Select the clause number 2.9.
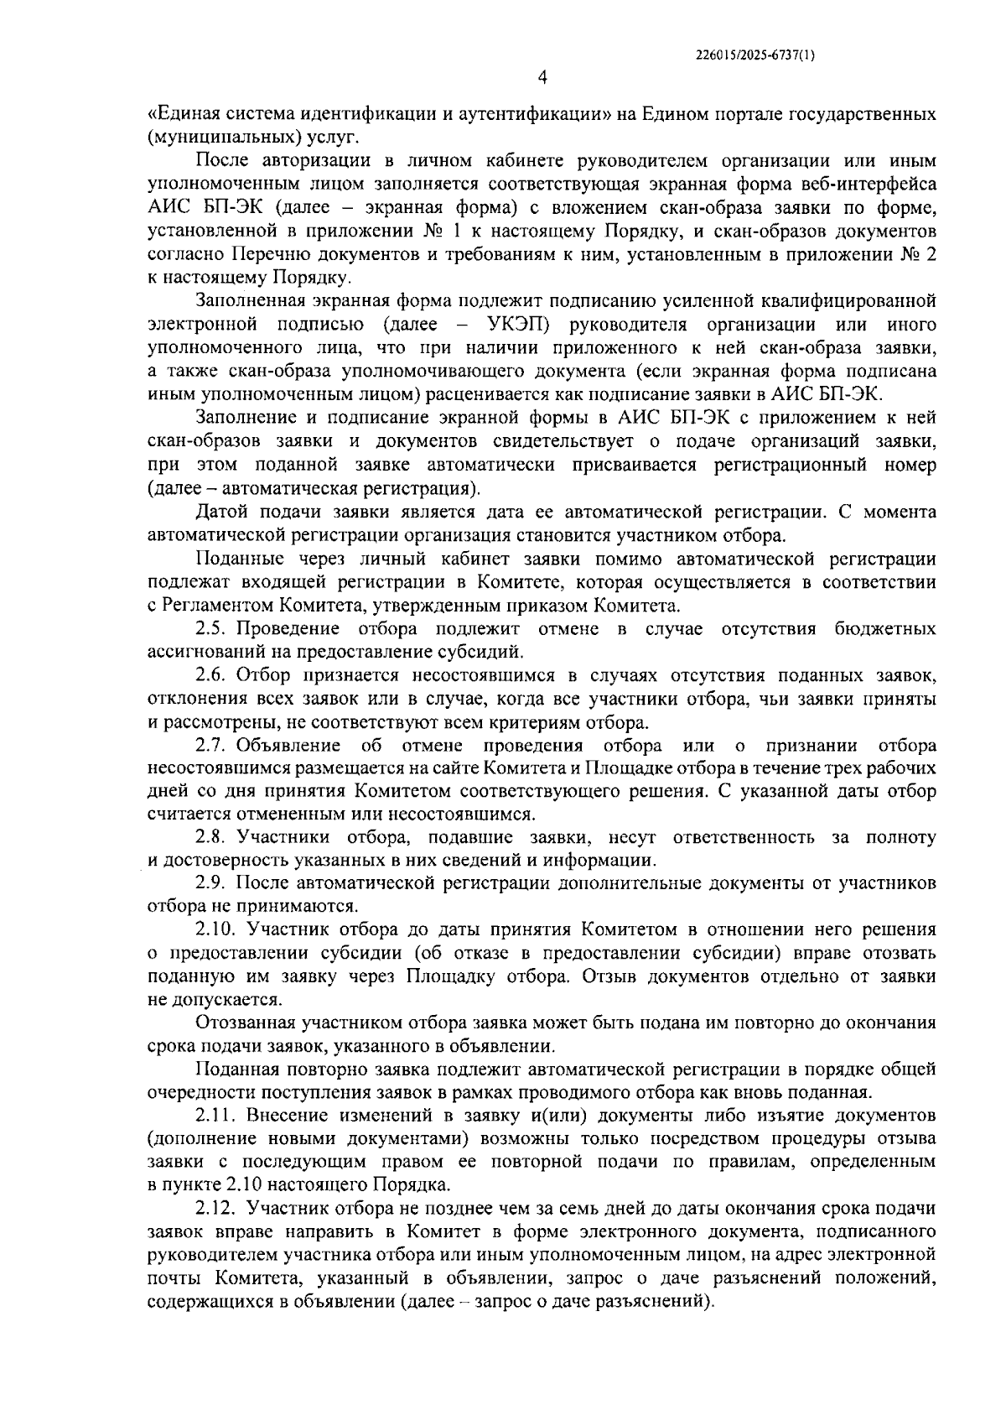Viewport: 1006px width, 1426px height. tap(211, 883)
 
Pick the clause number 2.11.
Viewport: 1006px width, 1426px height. tap(215, 1116)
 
